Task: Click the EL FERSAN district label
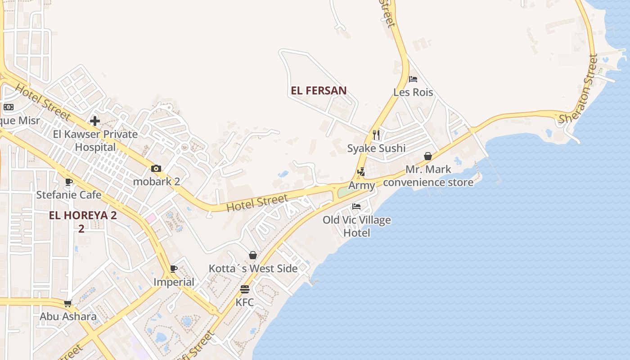pos(319,90)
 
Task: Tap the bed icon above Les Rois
pos(413,79)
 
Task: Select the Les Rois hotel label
pos(413,92)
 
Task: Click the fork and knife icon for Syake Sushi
pos(376,135)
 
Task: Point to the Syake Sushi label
pos(376,148)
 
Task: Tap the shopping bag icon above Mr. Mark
pos(428,156)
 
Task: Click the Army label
pos(361,185)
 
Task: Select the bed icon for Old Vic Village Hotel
pos(356,207)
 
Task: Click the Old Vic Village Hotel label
pos(357,226)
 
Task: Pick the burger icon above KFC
pos(245,289)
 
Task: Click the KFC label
pos(245,302)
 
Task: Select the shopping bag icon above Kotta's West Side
pos(253,255)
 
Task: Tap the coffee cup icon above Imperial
pos(174,269)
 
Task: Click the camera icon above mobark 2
pos(156,169)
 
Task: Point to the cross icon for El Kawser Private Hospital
pos(95,121)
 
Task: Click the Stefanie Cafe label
pos(69,195)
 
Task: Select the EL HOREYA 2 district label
pos(83,215)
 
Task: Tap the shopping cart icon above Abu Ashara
pos(68,303)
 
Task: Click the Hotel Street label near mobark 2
pos(257,203)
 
